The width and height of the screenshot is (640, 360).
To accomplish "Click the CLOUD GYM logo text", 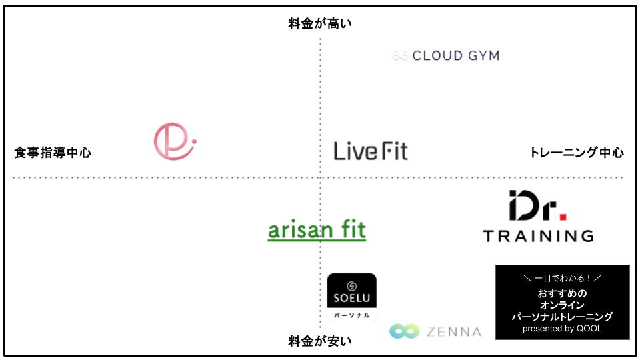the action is (456, 55).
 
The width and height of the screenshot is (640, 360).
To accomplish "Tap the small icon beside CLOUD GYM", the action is (400, 55).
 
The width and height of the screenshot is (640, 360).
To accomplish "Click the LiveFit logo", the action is (371, 151).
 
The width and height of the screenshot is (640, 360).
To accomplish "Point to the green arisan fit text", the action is (317, 229).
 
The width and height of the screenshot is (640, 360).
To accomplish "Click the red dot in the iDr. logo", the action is (563, 217).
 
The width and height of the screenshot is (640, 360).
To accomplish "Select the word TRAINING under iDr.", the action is (539, 236).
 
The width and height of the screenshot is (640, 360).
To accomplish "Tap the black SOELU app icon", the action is (352, 291).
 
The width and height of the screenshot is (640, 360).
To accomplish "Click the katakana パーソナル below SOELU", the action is (352, 315).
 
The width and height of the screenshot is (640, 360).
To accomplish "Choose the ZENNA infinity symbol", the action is (404, 331).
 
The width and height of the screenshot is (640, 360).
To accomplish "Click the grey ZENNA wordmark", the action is (454, 332).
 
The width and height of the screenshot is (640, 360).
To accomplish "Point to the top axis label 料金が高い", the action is (320, 24).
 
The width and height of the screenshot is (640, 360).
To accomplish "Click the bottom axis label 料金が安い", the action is (320, 341).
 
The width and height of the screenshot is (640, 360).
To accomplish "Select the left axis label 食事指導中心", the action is (53, 153).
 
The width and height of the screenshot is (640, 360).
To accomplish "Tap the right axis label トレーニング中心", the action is (577, 153).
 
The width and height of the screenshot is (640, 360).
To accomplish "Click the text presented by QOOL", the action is (562, 329).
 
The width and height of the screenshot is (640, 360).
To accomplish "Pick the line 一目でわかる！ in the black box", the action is (563, 279).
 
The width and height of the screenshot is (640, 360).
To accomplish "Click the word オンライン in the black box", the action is (562, 305).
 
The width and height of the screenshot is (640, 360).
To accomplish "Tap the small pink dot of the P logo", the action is (194, 141).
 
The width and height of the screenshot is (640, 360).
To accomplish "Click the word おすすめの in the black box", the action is (562, 293).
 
